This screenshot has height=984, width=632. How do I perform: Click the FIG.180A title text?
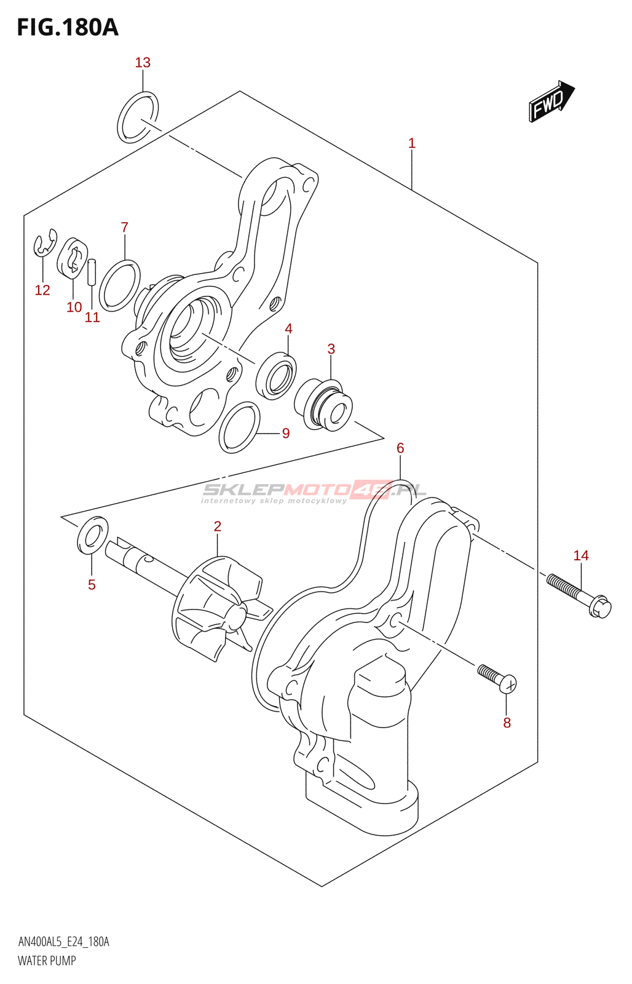(x=68, y=28)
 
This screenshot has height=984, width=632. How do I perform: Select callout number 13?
(x=143, y=63)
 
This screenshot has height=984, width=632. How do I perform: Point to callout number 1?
(x=412, y=143)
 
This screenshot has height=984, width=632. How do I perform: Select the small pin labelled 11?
(x=92, y=272)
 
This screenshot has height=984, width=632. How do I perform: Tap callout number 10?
(x=74, y=307)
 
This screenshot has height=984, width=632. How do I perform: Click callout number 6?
(x=400, y=448)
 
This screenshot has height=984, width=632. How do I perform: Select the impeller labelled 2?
(x=218, y=606)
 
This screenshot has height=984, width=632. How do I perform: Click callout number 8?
(x=507, y=723)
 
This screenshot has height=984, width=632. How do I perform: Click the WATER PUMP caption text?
(x=47, y=961)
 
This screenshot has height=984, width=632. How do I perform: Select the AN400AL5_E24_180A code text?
(x=64, y=942)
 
